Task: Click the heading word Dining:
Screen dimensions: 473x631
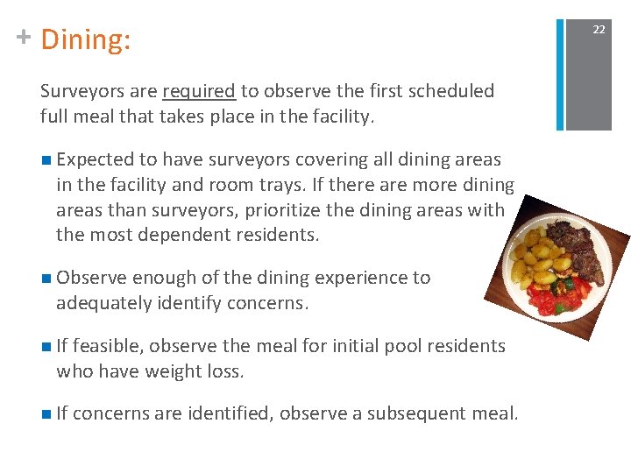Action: (x=85, y=39)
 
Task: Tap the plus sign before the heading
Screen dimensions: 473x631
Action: (x=24, y=37)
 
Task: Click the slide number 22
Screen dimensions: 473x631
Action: (x=599, y=30)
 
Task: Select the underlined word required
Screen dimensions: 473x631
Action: (x=199, y=91)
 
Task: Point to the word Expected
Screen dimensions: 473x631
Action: (x=94, y=159)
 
